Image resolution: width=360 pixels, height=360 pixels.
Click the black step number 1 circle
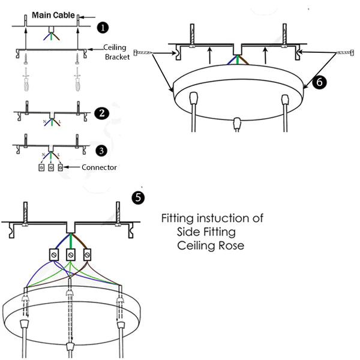(103, 28)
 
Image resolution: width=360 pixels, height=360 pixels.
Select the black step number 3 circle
(103, 149)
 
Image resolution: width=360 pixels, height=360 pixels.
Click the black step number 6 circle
(320, 83)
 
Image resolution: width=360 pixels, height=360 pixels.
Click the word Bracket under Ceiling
(117, 57)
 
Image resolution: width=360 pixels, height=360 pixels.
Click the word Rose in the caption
(231, 246)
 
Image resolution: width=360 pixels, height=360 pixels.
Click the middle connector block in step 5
(71, 254)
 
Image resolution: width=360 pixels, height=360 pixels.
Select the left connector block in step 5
(53, 254)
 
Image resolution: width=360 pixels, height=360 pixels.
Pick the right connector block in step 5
(88, 254)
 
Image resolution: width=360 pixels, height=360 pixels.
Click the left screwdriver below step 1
(26, 79)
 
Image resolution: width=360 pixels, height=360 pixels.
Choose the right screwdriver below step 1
(77, 79)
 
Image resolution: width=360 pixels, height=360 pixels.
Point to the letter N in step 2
(44, 122)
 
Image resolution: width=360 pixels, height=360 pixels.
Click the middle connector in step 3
(51, 168)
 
